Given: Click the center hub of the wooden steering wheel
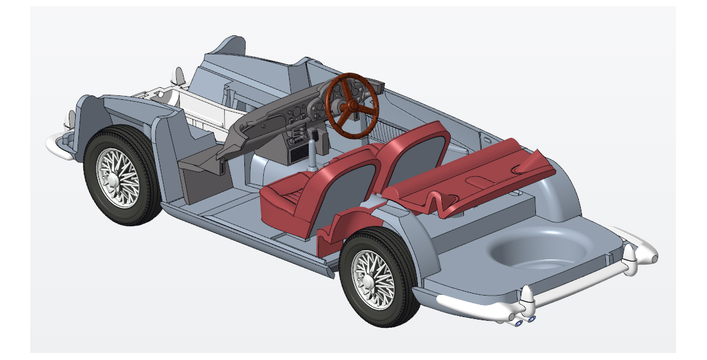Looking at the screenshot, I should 350,105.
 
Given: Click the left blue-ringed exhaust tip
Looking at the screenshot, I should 518,323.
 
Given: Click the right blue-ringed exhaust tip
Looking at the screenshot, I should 532,319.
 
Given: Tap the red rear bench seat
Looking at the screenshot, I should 480,177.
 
